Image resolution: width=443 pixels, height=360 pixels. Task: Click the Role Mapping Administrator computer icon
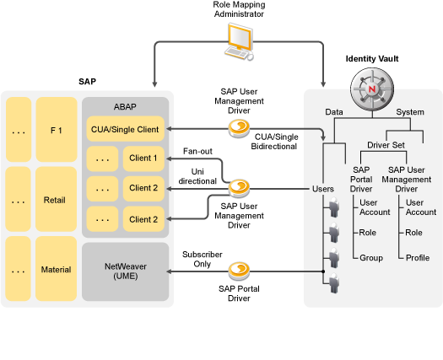click(x=239, y=41)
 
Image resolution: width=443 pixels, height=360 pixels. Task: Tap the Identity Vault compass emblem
click(x=372, y=89)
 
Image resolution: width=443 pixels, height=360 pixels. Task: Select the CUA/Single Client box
click(x=125, y=129)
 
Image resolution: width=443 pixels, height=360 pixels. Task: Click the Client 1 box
click(x=143, y=159)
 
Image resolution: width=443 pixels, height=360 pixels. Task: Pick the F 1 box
click(x=57, y=130)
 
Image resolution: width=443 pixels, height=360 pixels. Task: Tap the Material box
click(x=57, y=269)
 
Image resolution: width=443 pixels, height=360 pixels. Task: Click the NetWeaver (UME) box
click(x=126, y=271)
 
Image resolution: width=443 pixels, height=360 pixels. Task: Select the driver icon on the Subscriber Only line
click(x=239, y=271)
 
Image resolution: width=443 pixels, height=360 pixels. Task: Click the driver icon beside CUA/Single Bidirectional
click(x=239, y=128)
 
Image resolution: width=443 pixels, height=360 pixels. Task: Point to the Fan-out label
click(x=197, y=152)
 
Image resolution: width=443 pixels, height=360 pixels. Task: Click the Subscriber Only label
click(x=203, y=259)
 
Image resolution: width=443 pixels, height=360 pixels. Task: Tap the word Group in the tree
click(x=371, y=258)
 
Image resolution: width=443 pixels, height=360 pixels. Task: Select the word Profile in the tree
click(x=418, y=258)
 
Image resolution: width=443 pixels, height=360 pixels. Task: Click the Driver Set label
click(x=386, y=145)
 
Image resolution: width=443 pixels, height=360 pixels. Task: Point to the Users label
click(x=323, y=189)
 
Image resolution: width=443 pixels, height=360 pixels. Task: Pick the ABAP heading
click(x=125, y=107)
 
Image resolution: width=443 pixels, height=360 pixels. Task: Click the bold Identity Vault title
click(x=372, y=59)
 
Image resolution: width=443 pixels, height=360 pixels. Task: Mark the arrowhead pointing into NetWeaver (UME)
click(x=169, y=271)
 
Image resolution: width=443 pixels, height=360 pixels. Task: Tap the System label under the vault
click(x=410, y=112)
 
